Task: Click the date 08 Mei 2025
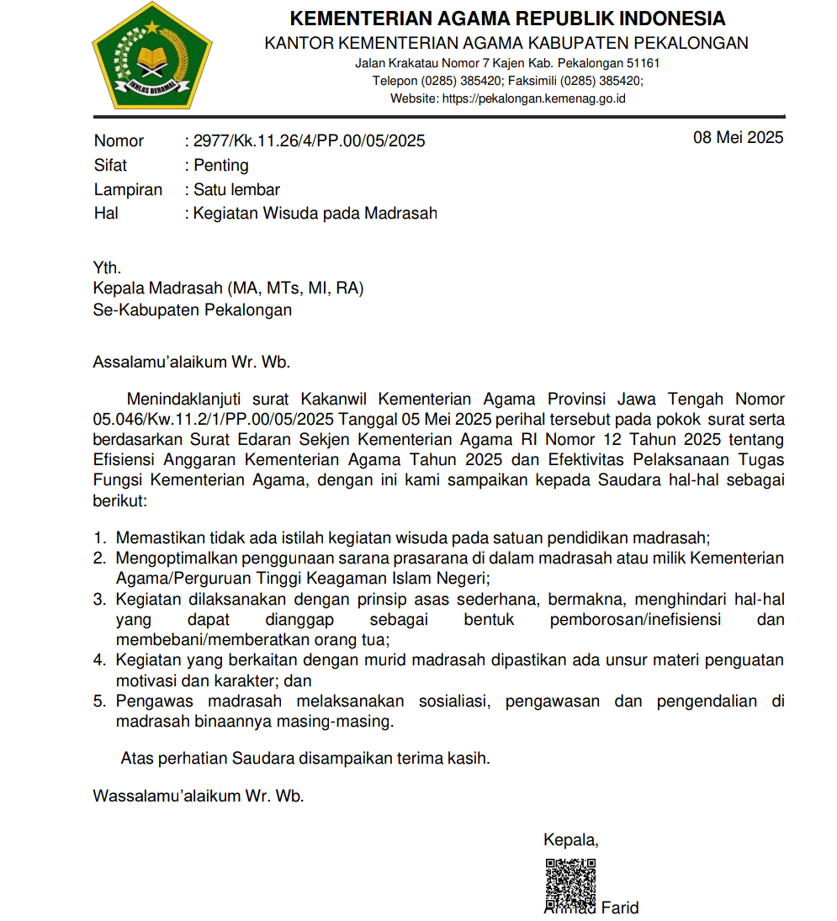pyautogui.click(x=738, y=137)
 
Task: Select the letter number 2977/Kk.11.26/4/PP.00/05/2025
pyautogui.click(x=309, y=141)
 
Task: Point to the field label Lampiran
pyautogui.click(x=128, y=190)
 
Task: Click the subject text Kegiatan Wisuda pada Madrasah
pyautogui.click(x=315, y=214)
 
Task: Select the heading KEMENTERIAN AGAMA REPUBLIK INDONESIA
pyautogui.click(x=507, y=19)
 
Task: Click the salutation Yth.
pyautogui.click(x=107, y=268)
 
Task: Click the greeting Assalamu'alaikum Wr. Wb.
pyautogui.click(x=191, y=363)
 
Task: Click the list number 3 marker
pyautogui.click(x=99, y=600)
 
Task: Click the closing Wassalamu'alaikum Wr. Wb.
pyautogui.click(x=198, y=795)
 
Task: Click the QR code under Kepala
pyautogui.click(x=570, y=882)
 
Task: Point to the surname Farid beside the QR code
pyautogui.click(x=620, y=908)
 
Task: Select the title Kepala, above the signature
pyautogui.click(x=571, y=839)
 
